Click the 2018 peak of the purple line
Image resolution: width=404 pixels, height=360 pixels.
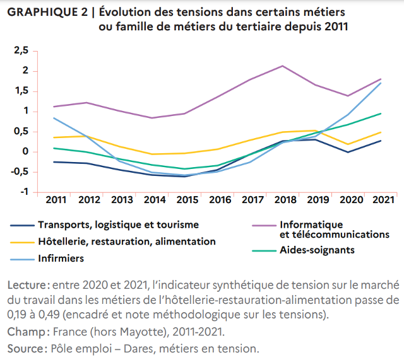pyautogui.click(x=282, y=66)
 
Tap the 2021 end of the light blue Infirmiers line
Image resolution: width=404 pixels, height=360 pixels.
pyautogui.click(x=381, y=83)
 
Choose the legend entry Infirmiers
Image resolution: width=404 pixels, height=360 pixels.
pyautogui.click(x=61, y=258)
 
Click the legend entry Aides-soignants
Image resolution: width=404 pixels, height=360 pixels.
pyautogui.click(x=316, y=250)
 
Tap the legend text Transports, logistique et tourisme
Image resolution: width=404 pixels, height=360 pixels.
pyautogui.click(x=118, y=224)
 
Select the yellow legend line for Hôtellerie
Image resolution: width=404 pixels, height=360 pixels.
pyautogui.click(x=21, y=241)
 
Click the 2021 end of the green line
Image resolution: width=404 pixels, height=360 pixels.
pyautogui.click(x=381, y=113)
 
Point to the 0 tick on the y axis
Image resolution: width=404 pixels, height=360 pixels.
pyautogui.click(x=25, y=151)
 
